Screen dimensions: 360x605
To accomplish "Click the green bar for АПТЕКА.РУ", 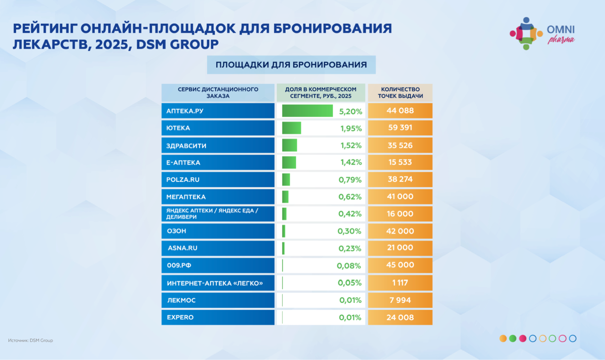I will (x=307, y=111).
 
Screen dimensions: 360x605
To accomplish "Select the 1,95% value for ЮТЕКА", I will (x=351, y=128).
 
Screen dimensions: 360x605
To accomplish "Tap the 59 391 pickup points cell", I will (x=400, y=128).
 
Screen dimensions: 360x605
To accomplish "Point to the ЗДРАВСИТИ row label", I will (x=186, y=146).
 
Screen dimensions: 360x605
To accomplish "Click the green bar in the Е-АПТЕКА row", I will (x=289, y=162).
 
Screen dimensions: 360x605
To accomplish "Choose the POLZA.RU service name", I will (x=183, y=180).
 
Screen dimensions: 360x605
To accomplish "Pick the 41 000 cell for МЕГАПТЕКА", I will (x=400, y=197).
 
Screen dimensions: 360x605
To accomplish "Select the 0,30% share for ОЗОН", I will (x=349, y=231).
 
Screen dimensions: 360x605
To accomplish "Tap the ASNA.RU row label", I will (x=182, y=248).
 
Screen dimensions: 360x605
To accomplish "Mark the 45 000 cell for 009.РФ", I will (x=400, y=265).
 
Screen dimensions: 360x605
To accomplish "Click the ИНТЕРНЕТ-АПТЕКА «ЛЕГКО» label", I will (x=215, y=283).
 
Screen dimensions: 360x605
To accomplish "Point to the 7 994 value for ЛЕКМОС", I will (x=400, y=300).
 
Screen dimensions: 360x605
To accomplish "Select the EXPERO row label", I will (x=180, y=317).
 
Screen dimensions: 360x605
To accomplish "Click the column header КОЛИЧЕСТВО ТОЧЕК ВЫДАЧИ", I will (x=400, y=93).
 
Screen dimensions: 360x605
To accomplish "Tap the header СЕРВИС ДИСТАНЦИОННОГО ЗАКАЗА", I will (x=218, y=93).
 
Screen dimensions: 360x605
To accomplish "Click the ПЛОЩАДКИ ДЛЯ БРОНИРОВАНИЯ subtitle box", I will (x=291, y=65).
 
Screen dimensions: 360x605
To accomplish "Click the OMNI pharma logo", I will (x=542, y=33).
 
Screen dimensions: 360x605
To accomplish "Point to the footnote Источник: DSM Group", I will (x=31, y=341).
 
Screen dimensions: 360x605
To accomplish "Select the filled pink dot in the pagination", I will (x=523, y=338).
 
